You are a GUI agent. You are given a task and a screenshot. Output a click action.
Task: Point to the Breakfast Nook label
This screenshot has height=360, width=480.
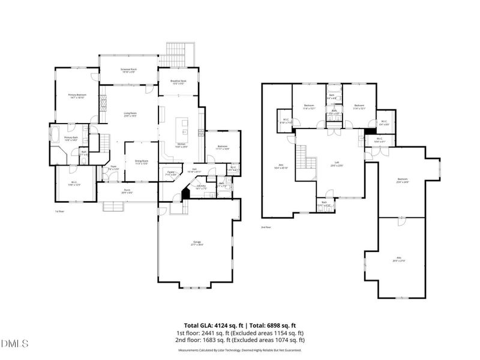(174, 82)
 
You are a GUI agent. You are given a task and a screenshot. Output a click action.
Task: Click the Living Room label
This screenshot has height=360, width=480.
(130, 114)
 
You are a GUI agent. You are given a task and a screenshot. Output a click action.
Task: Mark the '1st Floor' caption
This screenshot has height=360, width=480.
(59, 211)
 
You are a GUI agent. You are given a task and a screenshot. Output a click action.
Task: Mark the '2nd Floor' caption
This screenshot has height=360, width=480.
(266, 227)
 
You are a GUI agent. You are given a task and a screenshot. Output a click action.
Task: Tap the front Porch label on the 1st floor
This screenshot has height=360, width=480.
(126, 191)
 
